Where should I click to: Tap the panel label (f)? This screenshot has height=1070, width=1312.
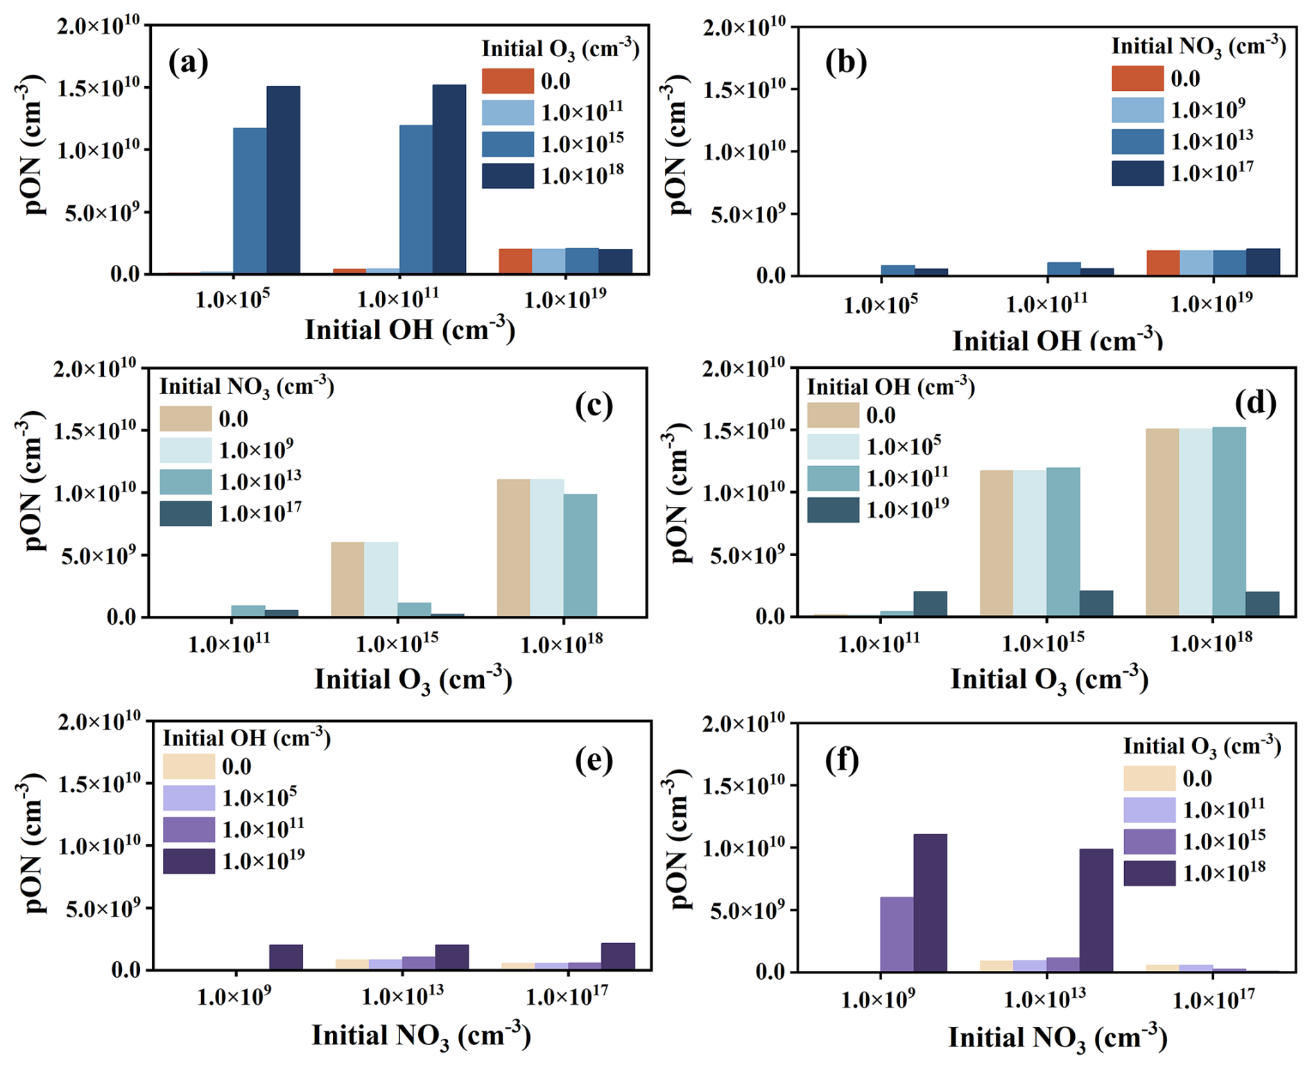click(842, 760)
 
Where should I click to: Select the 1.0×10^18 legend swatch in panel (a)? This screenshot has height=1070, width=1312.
click(508, 175)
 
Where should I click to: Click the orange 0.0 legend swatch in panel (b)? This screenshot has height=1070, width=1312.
click(1137, 78)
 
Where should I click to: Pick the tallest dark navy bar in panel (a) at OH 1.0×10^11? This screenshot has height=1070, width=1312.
click(449, 179)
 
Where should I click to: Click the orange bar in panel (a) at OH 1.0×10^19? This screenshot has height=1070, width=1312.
click(515, 261)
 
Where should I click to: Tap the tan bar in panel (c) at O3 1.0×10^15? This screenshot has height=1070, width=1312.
click(347, 579)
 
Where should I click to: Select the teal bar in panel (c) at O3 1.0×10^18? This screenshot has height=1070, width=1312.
click(580, 555)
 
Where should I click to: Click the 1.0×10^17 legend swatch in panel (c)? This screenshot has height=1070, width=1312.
click(185, 513)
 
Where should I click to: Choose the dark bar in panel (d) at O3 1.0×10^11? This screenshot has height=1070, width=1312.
click(931, 603)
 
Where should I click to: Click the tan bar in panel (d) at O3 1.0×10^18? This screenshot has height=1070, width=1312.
click(1162, 522)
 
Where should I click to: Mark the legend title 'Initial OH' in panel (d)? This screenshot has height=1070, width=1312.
click(890, 386)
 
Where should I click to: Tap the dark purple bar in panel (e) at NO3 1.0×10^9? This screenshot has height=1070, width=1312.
click(286, 957)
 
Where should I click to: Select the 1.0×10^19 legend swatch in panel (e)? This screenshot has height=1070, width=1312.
click(189, 861)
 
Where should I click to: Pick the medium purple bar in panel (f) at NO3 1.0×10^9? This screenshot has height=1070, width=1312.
click(897, 934)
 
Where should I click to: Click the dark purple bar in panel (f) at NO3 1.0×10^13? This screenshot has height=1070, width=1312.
click(1096, 910)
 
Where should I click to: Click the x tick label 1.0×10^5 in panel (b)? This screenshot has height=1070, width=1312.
click(881, 304)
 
